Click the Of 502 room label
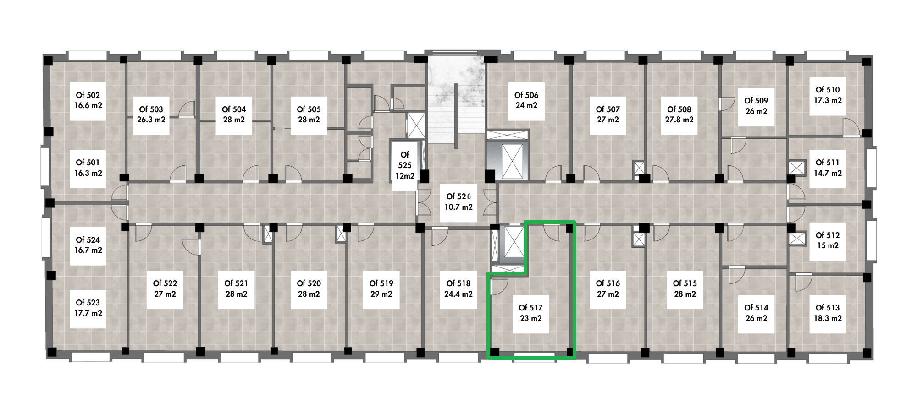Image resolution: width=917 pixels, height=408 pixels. click(x=88, y=101)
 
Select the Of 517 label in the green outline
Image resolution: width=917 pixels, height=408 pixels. click(x=530, y=313)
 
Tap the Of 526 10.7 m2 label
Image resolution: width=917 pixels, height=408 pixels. click(x=458, y=201)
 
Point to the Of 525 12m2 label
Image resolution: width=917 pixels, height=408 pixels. click(x=405, y=165)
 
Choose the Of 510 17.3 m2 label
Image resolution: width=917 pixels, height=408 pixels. click(x=828, y=95)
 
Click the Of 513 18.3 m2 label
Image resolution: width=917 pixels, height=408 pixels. click(x=828, y=313)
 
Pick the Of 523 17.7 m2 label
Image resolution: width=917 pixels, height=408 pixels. click(x=88, y=308)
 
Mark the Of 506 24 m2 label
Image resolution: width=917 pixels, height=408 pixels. click(x=526, y=101)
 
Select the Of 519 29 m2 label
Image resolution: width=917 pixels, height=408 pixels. click(x=381, y=289)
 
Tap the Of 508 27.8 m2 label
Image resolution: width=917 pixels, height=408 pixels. click(x=679, y=115)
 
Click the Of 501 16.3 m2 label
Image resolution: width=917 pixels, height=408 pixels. click(x=88, y=168)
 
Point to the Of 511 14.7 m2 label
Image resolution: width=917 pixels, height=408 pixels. click(x=828, y=168)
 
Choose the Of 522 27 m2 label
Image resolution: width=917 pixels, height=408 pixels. click(x=165, y=289)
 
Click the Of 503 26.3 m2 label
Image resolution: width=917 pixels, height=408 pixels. click(x=151, y=115)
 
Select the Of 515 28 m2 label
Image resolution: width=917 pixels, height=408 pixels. click(x=685, y=289)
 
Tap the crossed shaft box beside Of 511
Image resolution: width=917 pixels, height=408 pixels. click(x=797, y=168)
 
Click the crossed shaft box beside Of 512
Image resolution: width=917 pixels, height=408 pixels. click(x=797, y=239)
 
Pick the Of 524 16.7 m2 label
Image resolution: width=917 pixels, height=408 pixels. click(x=88, y=245)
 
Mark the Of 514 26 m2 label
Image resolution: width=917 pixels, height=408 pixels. click(x=756, y=313)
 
